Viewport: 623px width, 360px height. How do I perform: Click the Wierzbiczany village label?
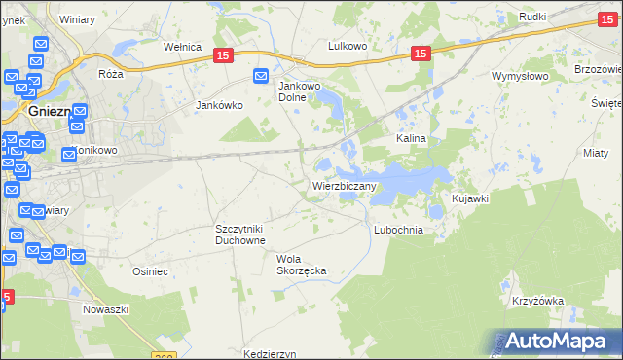point(339,185)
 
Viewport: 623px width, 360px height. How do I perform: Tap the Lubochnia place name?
point(398,230)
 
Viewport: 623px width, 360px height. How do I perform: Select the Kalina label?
point(411,139)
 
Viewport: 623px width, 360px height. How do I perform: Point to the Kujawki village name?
point(469,198)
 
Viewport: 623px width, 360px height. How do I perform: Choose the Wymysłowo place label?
point(521,76)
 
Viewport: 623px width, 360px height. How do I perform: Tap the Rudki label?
point(532,18)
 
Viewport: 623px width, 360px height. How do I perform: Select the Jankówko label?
point(218,105)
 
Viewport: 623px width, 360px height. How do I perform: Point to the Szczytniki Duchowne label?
point(240,234)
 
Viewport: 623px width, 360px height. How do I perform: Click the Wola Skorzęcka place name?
point(301,264)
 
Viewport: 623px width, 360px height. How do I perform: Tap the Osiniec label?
point(151,272)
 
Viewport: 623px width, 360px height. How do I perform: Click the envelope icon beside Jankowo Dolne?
point(262,76)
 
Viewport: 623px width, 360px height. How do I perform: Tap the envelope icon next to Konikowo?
point(69,154)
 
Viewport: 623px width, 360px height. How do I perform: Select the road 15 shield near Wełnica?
point(223,58)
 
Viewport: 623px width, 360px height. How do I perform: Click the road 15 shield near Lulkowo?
point(421,54)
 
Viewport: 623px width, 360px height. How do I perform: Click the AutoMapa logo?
point(552,341)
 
